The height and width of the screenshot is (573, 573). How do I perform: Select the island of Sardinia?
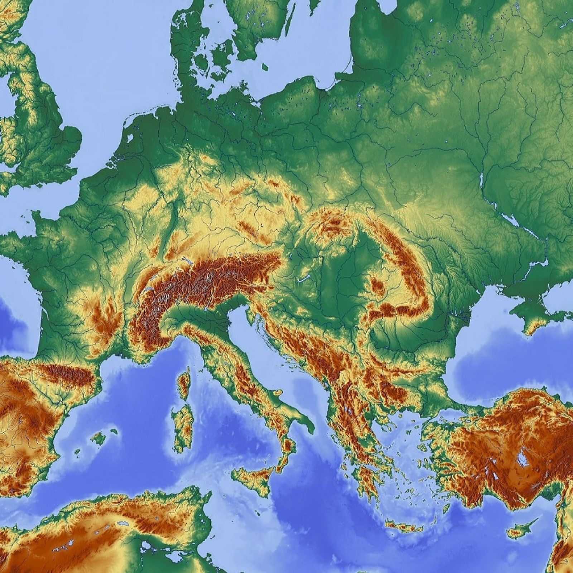point(183,426)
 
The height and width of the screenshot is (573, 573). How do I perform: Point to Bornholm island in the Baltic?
point(265,67)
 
